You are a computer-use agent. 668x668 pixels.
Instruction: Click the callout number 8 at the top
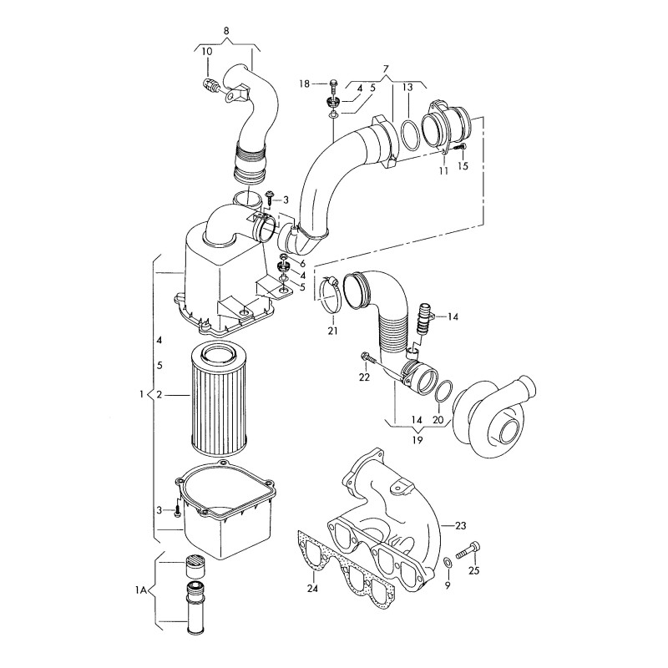click(x=226, y=31)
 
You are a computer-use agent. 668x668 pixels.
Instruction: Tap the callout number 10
click(x=206, y=52)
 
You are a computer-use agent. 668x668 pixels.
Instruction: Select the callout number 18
click(x=305, y=83)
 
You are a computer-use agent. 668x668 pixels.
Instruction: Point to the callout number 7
click(x=386, y=67)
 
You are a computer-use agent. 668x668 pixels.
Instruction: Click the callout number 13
click(x=407, y=88)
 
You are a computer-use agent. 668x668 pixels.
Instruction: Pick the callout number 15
click(x=463, y=166)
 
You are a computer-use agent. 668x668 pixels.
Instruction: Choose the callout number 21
click(x=332, y=331)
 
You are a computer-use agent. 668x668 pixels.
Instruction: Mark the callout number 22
click(x=363, y=378)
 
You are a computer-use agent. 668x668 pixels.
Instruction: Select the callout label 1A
click(x=140, y=591)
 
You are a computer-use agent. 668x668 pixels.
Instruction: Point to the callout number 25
click(x=473, y=571)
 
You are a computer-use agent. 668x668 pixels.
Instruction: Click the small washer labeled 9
click(x=448, y=561)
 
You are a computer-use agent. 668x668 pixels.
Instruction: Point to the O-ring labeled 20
click(x=445, y=390)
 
